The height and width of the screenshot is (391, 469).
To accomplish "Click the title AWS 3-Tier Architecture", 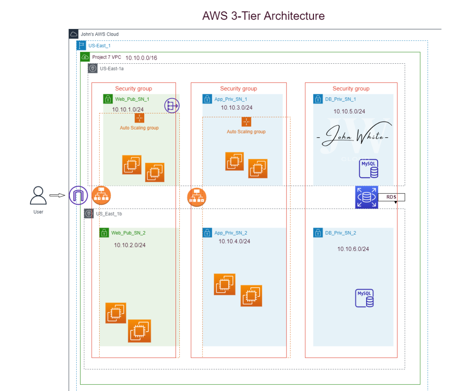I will [263, 16].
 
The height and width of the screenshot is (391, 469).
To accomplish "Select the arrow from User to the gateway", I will [57, 195].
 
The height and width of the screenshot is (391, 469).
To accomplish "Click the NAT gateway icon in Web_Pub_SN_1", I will [172, 106].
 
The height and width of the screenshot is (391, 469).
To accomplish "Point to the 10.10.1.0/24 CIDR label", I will [128, 109].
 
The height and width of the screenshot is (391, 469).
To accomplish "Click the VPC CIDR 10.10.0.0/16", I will [141, 58].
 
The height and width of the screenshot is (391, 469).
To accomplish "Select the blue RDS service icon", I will [366, 197].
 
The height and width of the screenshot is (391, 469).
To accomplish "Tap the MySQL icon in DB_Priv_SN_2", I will [364, 298].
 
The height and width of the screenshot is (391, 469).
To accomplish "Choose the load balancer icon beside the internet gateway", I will [101, 195].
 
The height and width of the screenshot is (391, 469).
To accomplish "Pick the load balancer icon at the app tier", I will [197, 197].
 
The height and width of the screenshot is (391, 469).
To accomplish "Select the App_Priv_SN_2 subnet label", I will [231, 233].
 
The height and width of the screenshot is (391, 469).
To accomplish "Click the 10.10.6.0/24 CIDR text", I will [353, 249].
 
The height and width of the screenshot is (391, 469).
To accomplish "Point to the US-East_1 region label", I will [99, 46].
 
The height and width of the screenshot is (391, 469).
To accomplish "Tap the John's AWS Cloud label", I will [99, 34].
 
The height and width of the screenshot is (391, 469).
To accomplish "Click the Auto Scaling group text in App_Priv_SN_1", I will [246, 132].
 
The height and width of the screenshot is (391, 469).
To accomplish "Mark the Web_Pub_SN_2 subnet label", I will [128, 233].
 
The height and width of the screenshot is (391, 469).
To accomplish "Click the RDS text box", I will [391, 197].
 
